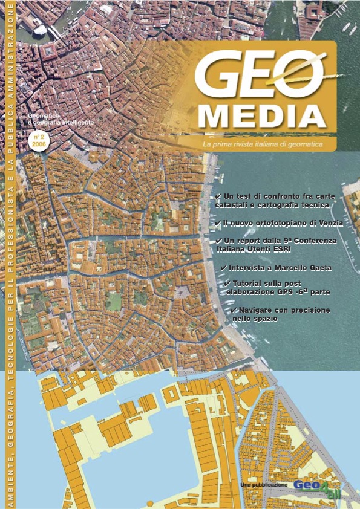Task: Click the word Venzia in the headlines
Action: pos(329,223)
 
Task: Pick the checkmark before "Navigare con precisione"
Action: pos(234,310)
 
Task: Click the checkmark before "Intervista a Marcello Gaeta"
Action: pos(223,267)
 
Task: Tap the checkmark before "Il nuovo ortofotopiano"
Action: pos(218,223)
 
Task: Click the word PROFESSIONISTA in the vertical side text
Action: pos(10,229)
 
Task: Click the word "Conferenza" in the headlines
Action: pos(314,241)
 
